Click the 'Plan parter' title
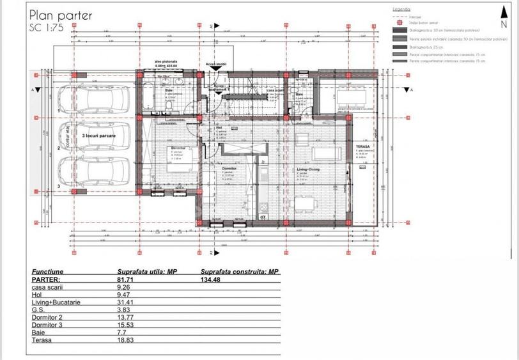click(60, 15)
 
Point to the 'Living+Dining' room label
click(308, 170)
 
